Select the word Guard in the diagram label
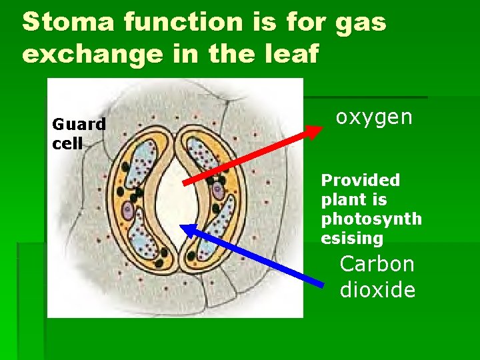coord(79,124)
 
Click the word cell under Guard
coord(67,143)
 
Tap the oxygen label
coord(374,117)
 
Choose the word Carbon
coord(377,264)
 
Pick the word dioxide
coord(377,290)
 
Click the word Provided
coord(361,180)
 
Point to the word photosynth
coord(371,219)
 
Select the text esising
coord(352,238)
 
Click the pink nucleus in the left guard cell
coord(127,212)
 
